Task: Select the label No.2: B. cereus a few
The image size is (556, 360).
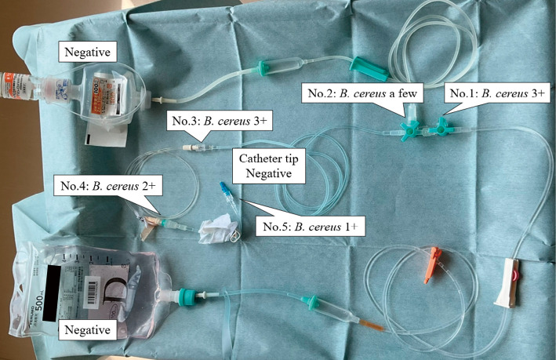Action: coord(363,94)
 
